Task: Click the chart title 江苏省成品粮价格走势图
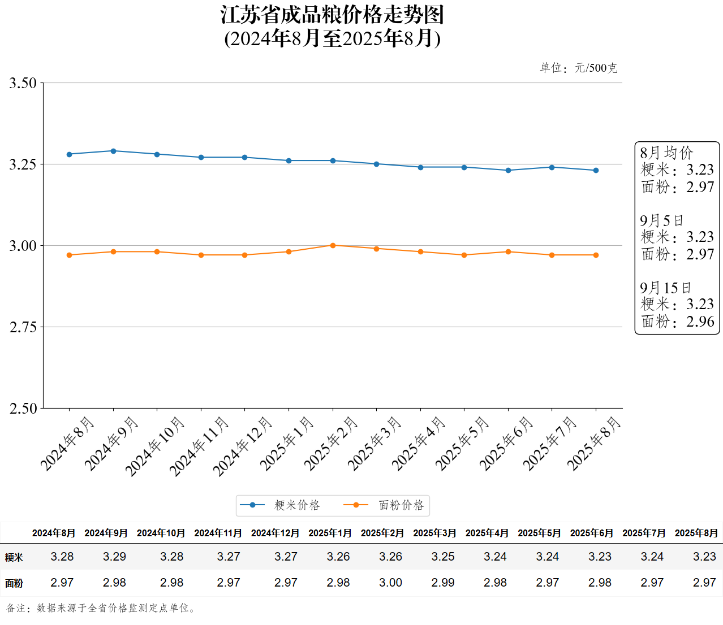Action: pos(333,15)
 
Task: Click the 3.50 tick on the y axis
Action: pos(23,83)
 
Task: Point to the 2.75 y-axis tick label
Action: pos(23,327)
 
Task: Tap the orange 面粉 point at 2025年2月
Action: pos(333,245)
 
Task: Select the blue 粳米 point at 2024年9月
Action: pos(113,151)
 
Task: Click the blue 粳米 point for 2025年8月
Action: pos(596,170)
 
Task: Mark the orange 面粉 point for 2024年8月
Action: pos(70,255)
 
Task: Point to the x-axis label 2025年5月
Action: pos(462,443)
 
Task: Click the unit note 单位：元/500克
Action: pos(578,68)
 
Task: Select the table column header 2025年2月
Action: pos(382,533)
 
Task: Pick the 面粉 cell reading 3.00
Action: pos(390,583)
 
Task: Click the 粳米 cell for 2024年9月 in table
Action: pos(114,557)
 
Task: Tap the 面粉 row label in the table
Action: pos(14,583)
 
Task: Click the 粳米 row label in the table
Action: pos(14,557)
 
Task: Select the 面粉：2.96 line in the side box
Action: pos(678,322)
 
